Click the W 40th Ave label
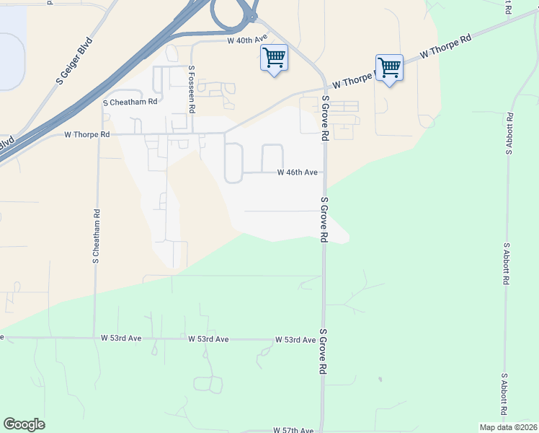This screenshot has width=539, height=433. click(x=247, y=40)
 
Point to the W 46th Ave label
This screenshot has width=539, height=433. click(x=298, y=173)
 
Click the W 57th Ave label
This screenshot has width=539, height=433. click(x=294, y=430)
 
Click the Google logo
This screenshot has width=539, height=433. click(x=24, y=424)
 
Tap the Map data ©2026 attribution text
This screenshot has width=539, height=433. click(x=508, y=427)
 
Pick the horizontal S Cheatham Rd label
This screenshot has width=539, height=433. click(x=130, y=102)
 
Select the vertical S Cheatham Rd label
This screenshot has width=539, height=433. click(x=95, y=237)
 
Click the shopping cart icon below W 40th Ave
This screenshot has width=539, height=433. click(x=274, y=57)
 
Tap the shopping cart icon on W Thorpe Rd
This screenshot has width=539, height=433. click(x=389, y=67)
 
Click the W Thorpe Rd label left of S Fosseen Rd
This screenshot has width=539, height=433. click(x=86, y=134)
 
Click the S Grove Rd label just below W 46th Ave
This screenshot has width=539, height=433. click(x=324, y=220)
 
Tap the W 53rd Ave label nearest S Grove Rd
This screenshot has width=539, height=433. click(x=295, y=340)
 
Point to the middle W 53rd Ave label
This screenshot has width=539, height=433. click(x=208, y=339)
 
